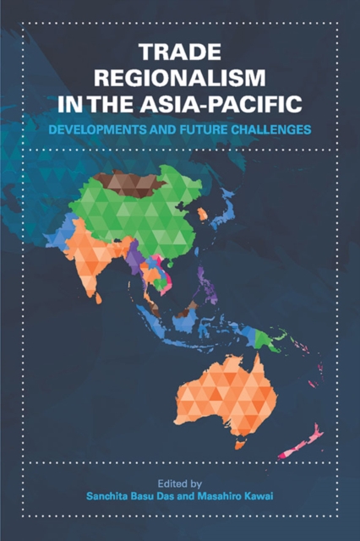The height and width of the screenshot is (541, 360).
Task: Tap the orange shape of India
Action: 93,254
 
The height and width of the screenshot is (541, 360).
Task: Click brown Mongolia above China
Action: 127,180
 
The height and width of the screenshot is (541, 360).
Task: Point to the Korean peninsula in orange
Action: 202,215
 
